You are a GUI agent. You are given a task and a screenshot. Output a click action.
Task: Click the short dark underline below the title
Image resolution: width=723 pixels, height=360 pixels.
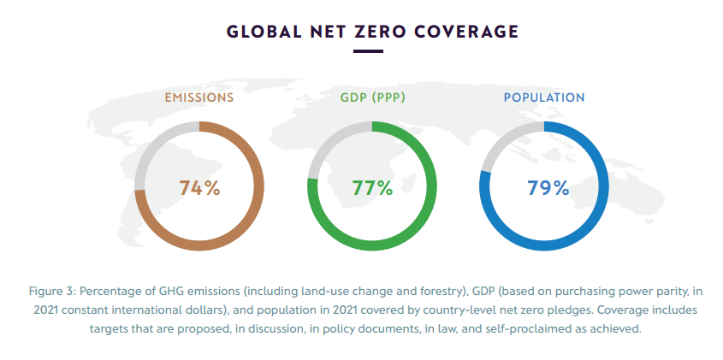[x=368, y=52]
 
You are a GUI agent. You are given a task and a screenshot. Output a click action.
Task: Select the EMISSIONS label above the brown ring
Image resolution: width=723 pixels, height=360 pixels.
[x=199, y=97]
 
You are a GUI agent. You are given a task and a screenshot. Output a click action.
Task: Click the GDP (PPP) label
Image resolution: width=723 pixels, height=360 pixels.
[x=372, y=97]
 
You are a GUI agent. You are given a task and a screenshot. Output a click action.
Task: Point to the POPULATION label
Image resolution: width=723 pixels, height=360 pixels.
[x=544, y=97]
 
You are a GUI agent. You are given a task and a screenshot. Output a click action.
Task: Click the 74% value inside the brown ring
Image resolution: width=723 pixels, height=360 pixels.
[x=199, y=188]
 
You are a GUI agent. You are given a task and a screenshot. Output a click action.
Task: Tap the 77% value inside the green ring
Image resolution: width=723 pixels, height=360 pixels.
[x=372, y=188]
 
